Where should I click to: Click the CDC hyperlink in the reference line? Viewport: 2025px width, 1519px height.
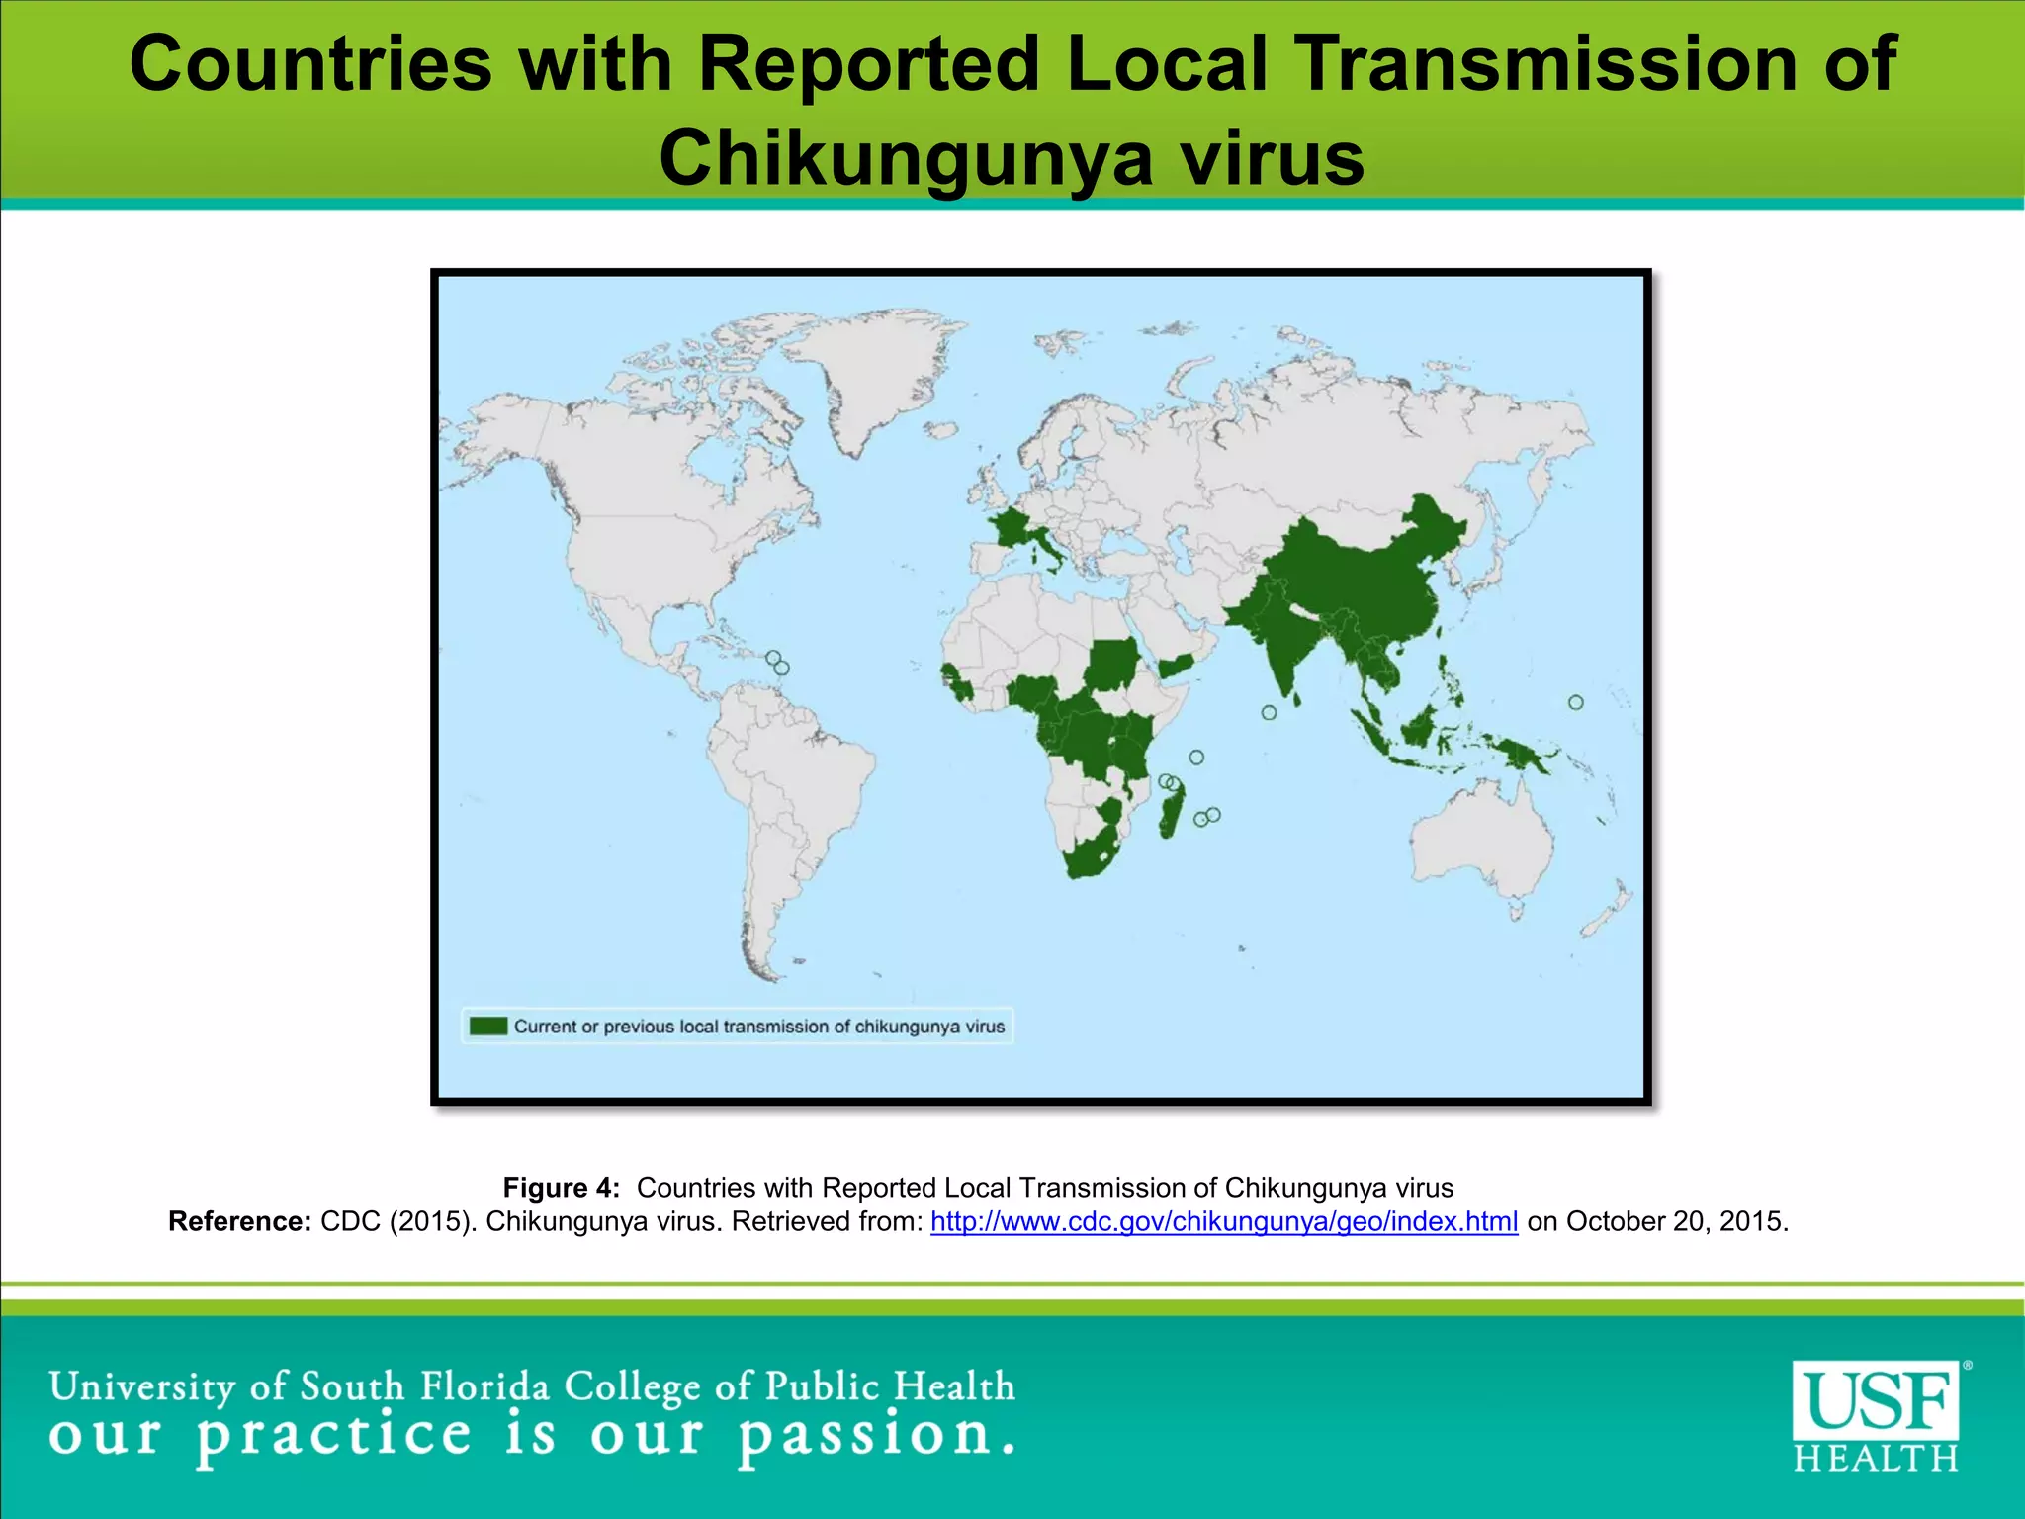pos(1223,1222)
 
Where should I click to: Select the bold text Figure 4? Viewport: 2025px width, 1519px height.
pos(561,1188)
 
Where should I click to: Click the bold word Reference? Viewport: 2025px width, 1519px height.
pos(240,1222)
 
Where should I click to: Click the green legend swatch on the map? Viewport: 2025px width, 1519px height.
pos(487,1026)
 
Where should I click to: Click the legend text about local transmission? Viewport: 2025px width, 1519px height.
pos(758,1027)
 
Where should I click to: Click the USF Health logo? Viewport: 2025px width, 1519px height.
pos(1876,1415)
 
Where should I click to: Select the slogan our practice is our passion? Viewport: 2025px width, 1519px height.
pos(531,1436)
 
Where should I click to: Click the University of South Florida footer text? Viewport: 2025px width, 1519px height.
pos(531,1386)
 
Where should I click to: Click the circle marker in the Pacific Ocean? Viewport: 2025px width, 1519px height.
pos(1575,702)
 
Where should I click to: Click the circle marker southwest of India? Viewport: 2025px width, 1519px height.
pos(1269,712)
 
